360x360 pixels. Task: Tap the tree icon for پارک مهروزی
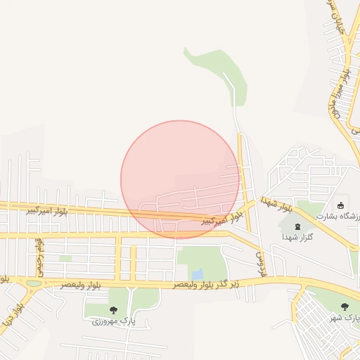pos(113,309)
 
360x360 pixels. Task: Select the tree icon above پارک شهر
pos(344,307)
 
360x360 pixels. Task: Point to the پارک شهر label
pos(345,319)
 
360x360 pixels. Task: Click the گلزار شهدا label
pos(297,238)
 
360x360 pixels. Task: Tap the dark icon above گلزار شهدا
pos(295,226)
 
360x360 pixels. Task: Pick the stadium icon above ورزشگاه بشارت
pos(341,205)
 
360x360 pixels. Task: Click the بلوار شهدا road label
pos(276,205)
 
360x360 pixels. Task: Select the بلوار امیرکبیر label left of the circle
pos(47,210)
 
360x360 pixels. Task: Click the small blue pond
pos(198,273)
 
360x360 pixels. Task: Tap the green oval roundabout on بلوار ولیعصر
pos(33,284)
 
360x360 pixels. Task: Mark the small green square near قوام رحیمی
pos(65,258)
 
